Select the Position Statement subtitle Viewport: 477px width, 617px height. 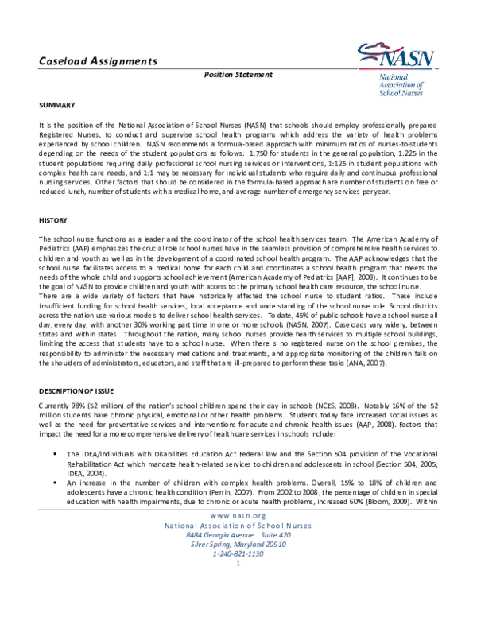pyautogui.click(x=238, y=75)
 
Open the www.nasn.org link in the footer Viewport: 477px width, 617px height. pyautogui.click(x=238, y=538)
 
